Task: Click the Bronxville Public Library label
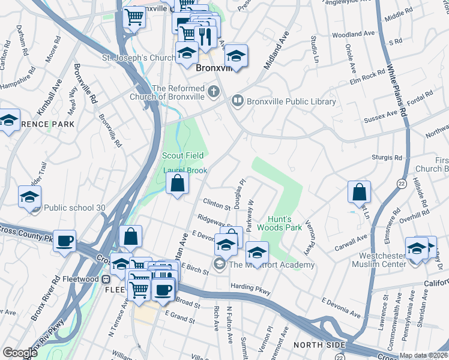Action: click(x=291, y=101)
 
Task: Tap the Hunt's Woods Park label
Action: click(x=279, y=223)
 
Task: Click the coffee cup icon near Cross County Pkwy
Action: click(x=65, y=241)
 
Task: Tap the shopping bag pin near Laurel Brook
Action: click(x=177, y=183)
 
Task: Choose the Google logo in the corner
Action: click(x=19, y=353)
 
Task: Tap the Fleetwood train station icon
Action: click(x=106, y=279)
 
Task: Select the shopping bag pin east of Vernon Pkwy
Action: click(x=359, y=193)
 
